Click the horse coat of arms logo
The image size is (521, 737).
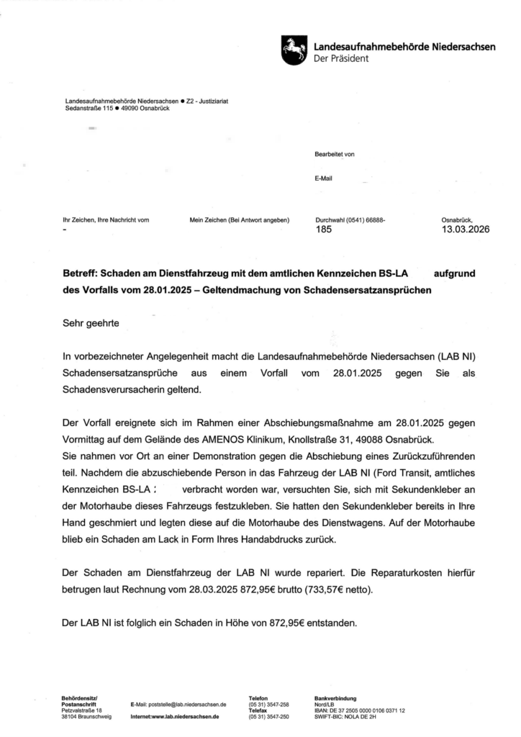[293, 51]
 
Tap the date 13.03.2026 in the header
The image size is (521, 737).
[466, 230]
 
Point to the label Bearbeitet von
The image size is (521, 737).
[335, 154]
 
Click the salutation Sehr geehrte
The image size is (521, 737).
[91, 324]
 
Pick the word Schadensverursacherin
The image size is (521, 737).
[119, 389]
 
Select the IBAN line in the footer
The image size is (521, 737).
[359, 710]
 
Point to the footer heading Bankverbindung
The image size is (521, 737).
[335, 698]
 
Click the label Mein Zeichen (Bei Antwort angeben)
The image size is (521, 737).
[239, 220]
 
